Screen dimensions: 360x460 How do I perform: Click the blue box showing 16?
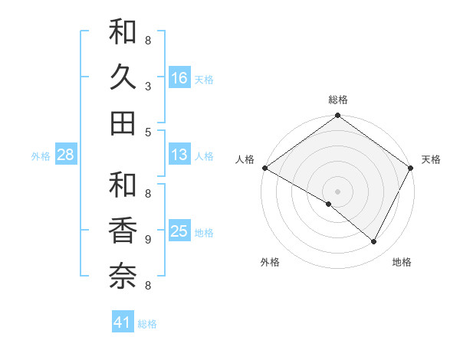tap(179, 78)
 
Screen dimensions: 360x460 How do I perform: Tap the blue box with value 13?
tap(179, 155)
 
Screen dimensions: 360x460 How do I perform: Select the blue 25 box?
tap(179, 232)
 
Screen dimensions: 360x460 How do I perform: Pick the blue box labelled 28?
tap(66, 155)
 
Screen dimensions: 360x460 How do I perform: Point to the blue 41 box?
tap(123, 323)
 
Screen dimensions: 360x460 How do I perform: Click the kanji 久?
tap(123, 78)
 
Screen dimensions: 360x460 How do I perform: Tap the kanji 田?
tap(123, 123)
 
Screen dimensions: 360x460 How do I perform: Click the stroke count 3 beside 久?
tap(148, 87)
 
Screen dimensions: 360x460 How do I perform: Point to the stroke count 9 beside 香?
tap(148, 240)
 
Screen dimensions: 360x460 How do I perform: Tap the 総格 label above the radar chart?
tap(338, 100)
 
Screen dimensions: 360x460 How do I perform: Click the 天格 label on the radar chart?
tap(431, 159)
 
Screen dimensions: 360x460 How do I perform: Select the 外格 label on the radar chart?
tap(270, 262)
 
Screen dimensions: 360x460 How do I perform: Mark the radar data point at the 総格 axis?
tap(338, 116)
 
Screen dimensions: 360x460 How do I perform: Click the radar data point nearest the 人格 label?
tap(264, 168)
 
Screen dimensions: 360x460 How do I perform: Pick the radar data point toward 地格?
tap(374, 242)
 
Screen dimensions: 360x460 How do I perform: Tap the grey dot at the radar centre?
tap(338, 191)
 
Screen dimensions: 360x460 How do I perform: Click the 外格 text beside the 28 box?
tap(41, 156)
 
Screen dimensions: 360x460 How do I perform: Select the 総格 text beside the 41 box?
tap(147, 324)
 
